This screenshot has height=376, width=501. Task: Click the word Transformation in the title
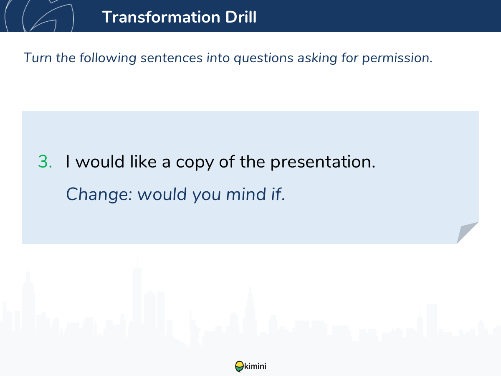pyautogui.click(x=161, y=17)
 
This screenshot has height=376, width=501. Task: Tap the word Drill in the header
pyautogui.click(x=241, y=17)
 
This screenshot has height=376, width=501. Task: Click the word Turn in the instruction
pyautogui.click(x=38, y=58)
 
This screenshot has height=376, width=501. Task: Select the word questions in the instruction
pyautogui.click(x=263, y=58)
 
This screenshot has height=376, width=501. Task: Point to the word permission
pyautogui.click(x=397, y=58)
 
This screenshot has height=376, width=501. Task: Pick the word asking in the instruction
pyautogui.click(x=317, y=58)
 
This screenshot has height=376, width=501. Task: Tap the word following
pyautogui.click(x=108, y=58)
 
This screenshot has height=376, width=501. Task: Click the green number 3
pyautogui.click(x=45, y=162)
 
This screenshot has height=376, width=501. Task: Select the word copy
pyautogui.click(x=195, y=163)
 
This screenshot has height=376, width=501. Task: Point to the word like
pyautogui.click(x=143, y=161)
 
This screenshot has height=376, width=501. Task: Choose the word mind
pyautogui.click(x=246, y=194)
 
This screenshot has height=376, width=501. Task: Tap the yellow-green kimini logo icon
pyautogui.click(x=239, y=366)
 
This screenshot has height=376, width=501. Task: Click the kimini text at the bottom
pyautogui.click(x=255, y=366)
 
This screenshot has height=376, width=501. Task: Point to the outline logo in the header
pyautogui.click(x=39, y=16)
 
